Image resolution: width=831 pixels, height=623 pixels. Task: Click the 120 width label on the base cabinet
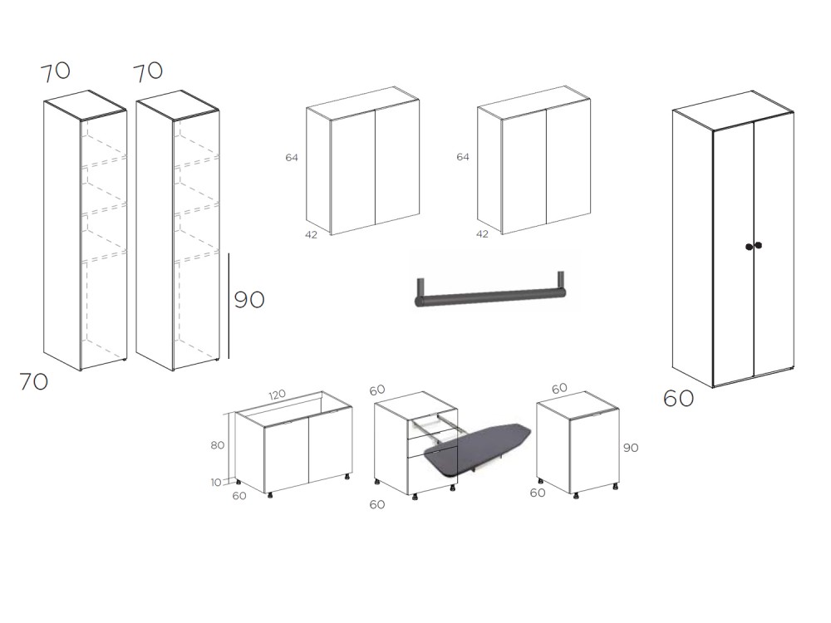(278, 395)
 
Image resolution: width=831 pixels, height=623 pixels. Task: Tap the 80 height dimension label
(217, 445)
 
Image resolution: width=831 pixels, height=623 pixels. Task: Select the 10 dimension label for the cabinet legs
(216, 483)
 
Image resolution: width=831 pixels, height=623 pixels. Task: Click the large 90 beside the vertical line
(249, 300)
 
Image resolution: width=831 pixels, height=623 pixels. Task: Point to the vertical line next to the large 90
(229, 306)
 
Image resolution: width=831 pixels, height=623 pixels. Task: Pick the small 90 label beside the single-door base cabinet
(630, 448)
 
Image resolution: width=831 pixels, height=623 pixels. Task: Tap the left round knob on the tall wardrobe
(749, 247)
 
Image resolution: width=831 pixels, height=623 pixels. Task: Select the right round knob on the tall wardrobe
(759, 245)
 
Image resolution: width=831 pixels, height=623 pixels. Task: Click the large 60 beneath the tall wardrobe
(678, 399)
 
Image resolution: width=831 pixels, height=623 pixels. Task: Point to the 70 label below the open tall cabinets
(34, 381)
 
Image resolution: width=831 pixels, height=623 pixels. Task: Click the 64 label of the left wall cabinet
(292, 157)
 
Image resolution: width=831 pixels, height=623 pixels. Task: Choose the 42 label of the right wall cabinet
(482, 233)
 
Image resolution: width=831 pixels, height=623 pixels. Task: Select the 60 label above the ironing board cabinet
(377, 390)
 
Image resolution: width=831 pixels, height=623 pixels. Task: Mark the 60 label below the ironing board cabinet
(377, 504)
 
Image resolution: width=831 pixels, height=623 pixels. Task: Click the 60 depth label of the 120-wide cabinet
(239, 496)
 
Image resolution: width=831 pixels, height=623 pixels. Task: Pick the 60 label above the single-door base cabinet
(559, 388)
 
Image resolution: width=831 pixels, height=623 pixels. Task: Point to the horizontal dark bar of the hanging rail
(490, 297)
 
